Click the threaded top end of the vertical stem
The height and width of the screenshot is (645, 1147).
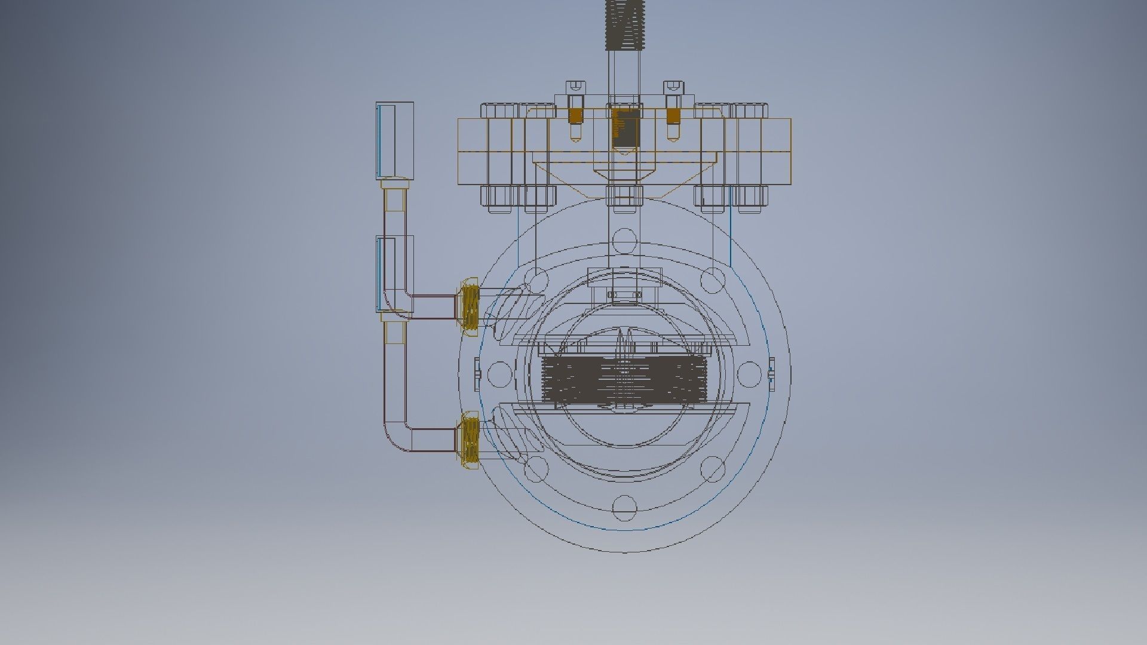click(x=624, y=24)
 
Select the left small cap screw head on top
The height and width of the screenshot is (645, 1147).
click(x=576, y=87)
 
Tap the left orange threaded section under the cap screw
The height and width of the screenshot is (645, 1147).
click(x=575, y=116)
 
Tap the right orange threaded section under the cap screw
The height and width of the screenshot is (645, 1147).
click(x=673, y=116)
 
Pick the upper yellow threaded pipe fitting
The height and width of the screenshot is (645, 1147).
click(x=470, y=306)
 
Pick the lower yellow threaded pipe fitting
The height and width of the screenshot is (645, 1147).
click(x=470, y=441)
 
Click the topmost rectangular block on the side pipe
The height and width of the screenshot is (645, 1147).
click(x=395, y=140)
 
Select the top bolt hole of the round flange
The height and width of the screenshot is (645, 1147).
click(x=624, y=240)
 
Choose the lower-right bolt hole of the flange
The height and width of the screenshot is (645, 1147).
click(x=713, y=469)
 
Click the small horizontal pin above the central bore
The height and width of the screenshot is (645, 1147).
click(x=624, y=294)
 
